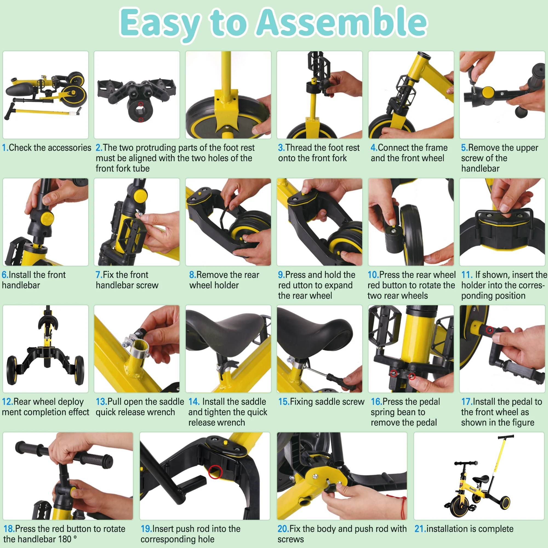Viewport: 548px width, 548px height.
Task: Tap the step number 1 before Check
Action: (x=5, y=148)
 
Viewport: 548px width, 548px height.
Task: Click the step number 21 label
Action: (x=420, y=529)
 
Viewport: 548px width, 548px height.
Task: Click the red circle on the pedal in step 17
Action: (x=490, y=330)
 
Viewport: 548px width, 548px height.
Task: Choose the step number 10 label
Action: (x=373, y=275)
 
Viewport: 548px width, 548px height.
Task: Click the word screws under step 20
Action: (x=290, y=539)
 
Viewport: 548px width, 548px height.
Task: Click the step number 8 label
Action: (x=193, y=275)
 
